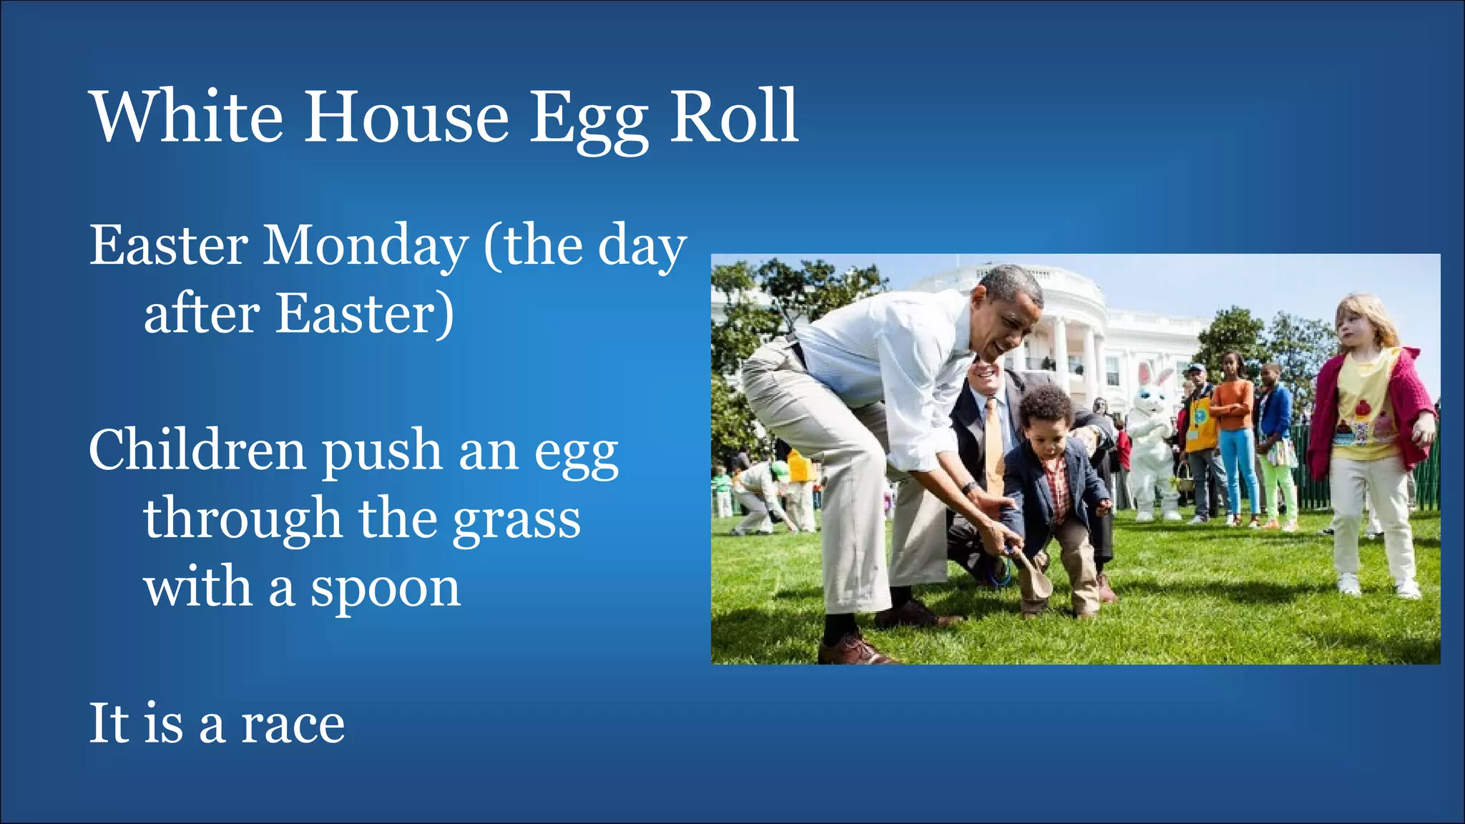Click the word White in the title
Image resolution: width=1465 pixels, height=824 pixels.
tap(187, 117)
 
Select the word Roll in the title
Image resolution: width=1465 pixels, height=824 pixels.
tap(733, 116)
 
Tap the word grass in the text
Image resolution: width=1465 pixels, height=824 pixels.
tap(516, 521)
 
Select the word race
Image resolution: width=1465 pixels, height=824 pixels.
tap(293, 724)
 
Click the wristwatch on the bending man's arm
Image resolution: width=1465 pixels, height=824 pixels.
tap(969, 488)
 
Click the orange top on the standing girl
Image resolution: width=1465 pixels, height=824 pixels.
tap(1234, 404)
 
